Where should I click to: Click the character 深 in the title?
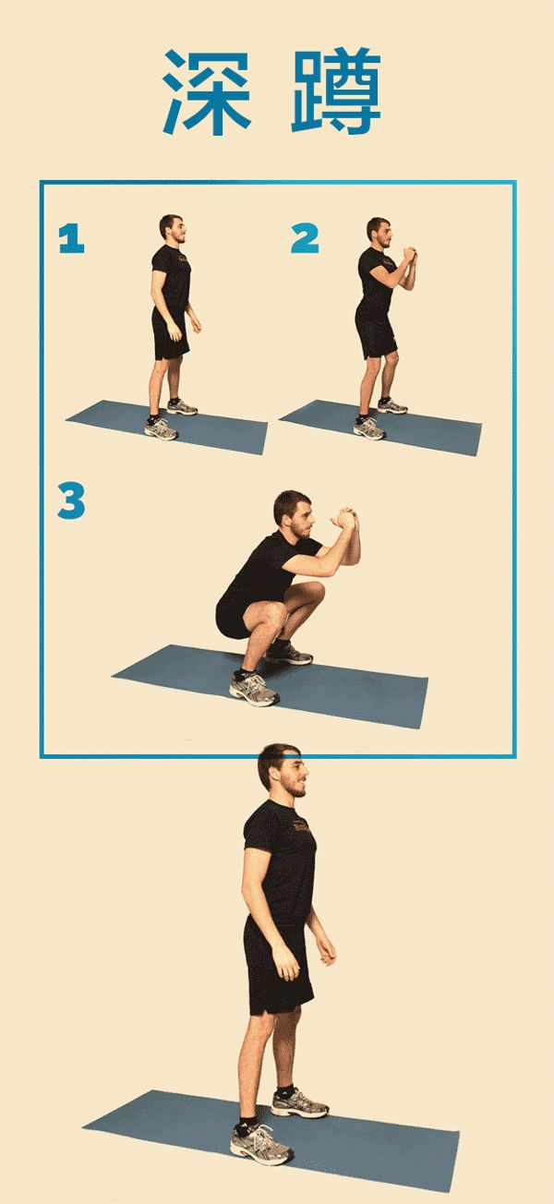207,92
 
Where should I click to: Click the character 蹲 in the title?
336,90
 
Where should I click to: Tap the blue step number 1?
71,238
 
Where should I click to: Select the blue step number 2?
305,238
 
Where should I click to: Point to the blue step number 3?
71,500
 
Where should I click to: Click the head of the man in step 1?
173,228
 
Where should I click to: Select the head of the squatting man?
294,514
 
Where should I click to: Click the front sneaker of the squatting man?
253,688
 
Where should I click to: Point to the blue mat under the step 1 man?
167,427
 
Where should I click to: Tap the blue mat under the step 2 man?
379,427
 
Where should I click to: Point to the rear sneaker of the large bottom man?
299,1102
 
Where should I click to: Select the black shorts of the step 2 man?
377,334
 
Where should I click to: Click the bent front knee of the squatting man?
273,613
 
